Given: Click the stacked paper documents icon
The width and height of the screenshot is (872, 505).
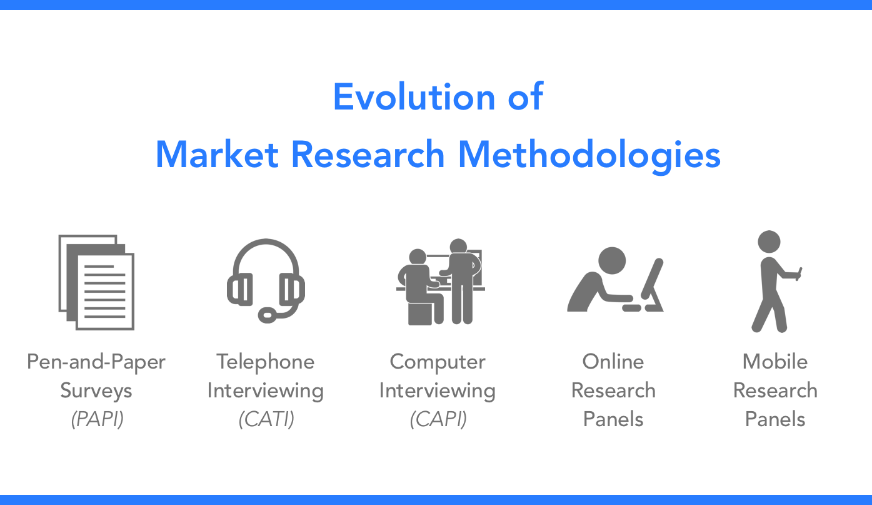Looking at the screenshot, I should tap(96, 282).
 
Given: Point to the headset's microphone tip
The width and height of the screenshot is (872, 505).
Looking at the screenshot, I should tap(268, 315).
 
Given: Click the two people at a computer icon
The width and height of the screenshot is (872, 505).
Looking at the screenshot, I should tap(440, 282).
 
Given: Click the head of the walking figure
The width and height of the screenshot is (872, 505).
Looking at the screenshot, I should tap(769, 242).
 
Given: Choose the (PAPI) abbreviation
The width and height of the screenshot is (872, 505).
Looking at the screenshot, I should tap(97, 419).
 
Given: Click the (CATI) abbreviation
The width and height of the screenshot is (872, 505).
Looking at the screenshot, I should tap(266, 419).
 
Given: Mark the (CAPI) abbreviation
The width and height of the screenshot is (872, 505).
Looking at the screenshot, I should tap(438, 419).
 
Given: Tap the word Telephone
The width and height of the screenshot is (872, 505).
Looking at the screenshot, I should tap(266, 362).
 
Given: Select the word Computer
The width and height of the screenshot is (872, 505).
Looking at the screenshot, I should tap(438, 362).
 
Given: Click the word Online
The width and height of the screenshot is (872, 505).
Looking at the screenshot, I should tap(613, 362).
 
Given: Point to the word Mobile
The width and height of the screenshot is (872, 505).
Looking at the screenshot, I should tap(775, 362).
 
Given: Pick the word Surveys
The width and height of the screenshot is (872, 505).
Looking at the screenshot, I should tap(96, 390).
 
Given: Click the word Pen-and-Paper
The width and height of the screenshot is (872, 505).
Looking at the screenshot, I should tap(96, 362).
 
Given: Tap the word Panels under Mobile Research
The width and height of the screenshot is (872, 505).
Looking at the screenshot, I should tap(775, 419).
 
